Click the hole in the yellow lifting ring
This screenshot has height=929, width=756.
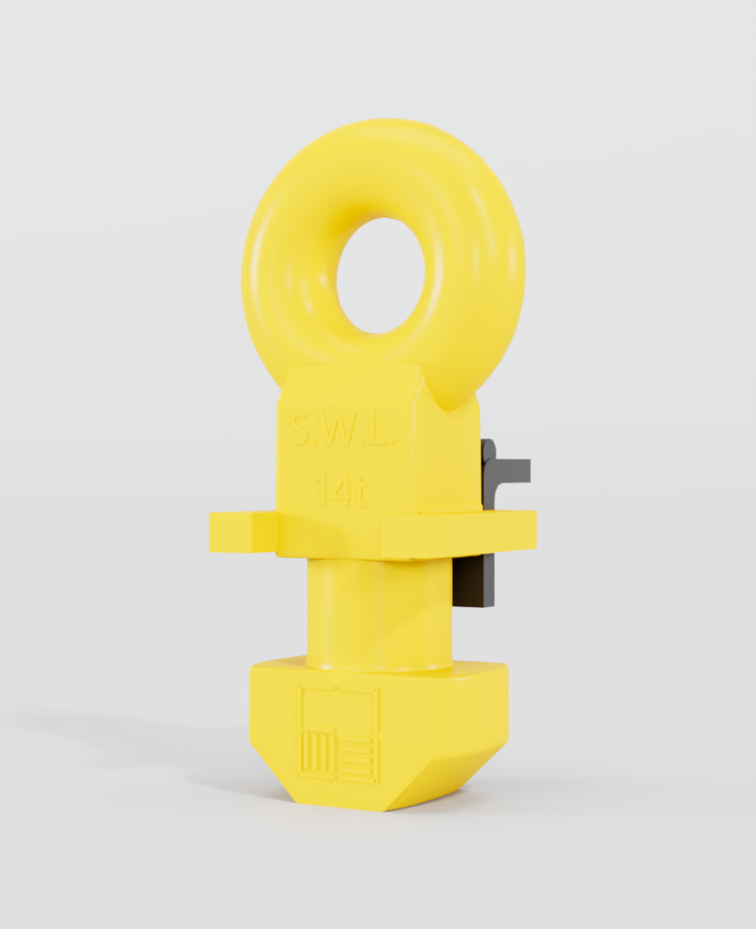tap(380, 275)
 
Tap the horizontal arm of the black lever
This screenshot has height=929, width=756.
tap(508, 470)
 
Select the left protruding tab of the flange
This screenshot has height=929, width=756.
tap(243, 532)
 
